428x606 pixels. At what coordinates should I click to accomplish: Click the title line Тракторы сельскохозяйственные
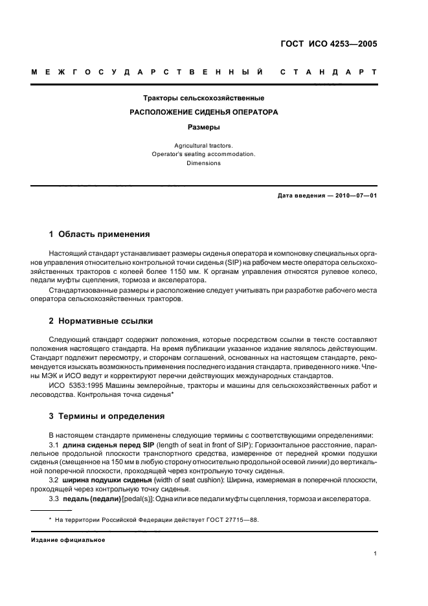(x=203, y=98)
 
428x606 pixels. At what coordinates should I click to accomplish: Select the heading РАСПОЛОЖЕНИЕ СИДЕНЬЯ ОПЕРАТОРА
(x=203, y=112)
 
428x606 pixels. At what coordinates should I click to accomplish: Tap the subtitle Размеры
(x=203, y=127)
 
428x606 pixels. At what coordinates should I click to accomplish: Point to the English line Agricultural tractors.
(x=203, y=146)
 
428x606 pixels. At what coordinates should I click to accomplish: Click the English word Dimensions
(x=203, y=163)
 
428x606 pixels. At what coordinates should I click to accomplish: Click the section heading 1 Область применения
(x=100, y=234)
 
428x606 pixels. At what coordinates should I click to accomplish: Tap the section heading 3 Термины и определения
(x=107, y=416)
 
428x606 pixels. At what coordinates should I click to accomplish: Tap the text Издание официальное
(x=68, y=540)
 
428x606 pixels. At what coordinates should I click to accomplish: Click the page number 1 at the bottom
(x=376, y=554)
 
